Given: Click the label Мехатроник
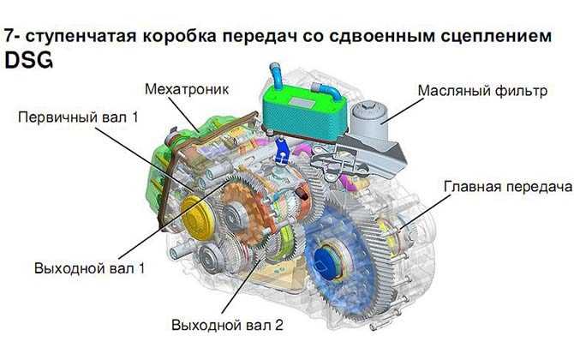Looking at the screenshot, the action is coord(187,89).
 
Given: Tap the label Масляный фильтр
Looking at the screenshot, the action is coord(482,90).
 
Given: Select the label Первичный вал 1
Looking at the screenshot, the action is coord(78,117).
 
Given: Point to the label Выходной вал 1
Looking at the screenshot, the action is coord(90,268).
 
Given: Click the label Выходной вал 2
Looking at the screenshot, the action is coord(227,325).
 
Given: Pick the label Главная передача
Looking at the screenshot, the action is coord(508,186).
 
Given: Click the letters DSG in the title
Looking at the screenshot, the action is coord(28,60).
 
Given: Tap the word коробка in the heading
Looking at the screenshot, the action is coord(178,36).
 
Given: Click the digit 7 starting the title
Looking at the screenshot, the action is coord(10,35).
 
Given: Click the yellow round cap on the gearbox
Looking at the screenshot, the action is coord(197,218).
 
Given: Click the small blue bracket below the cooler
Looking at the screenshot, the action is coord(282,151).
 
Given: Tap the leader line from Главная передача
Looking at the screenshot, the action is coord(426,212).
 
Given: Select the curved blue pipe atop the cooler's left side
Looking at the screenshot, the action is coord(276,75).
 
